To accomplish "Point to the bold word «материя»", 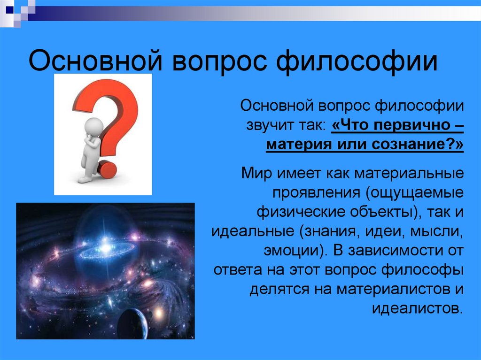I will click(297, 145).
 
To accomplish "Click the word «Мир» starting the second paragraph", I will click(256, 173).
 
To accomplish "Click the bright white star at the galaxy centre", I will click(104, 245).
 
